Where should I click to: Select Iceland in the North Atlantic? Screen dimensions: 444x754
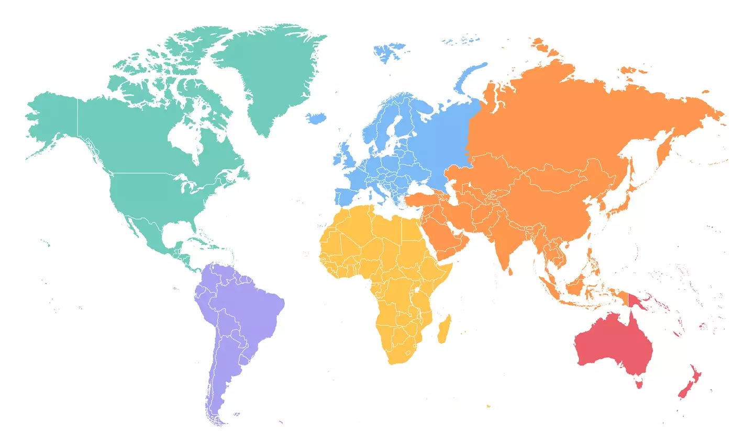pos(316,118)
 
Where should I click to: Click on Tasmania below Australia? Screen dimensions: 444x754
pos(639,384)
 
